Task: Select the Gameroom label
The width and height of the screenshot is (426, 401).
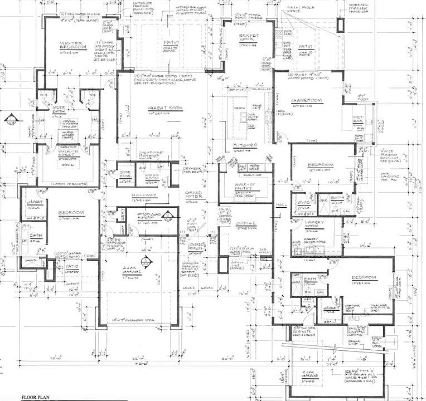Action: tap(306, 100)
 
